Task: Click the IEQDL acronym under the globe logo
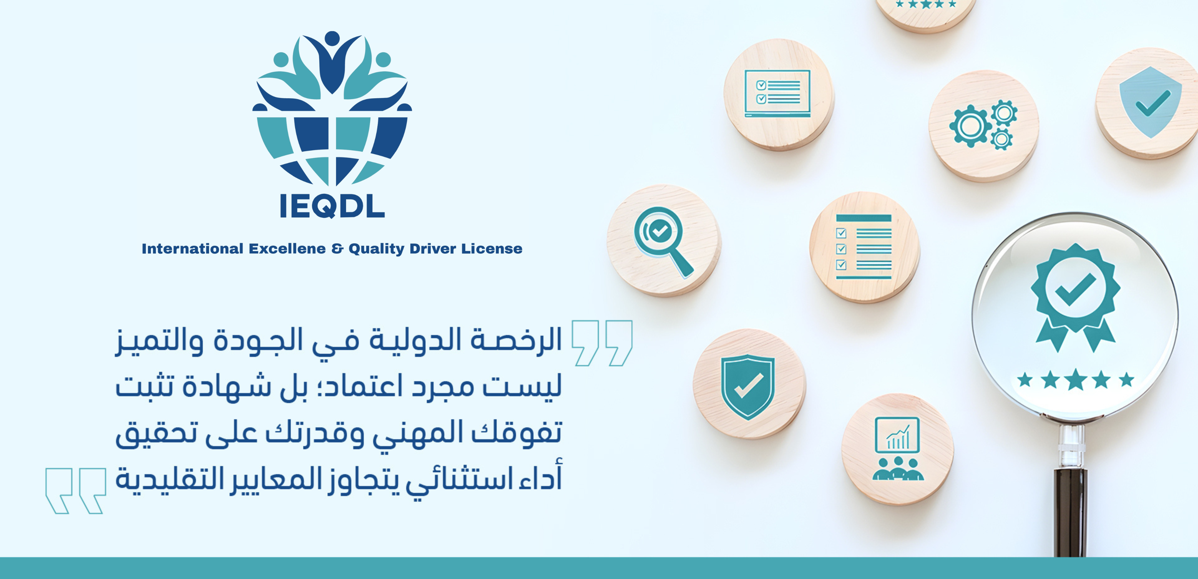point(332,206)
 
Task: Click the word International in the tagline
point(192,249)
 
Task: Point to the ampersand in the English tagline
point(337,249)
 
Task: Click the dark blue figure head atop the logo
point(332,38)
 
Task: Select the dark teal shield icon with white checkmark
point(748,387)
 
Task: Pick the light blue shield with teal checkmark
point(1150,102)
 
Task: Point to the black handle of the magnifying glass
point(1069,512)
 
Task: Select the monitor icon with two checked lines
point(777,93)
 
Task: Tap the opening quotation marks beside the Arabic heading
point(602,343)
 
